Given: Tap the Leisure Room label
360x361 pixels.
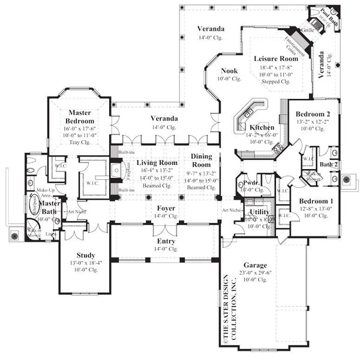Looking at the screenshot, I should pyautogui.click(x=276, y=59).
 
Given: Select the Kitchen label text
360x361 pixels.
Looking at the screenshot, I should pyautogui.click(x=262, y=128).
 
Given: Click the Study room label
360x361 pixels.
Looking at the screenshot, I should pyautogui.click(x=86, y=255).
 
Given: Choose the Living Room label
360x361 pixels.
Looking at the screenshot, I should pyautogui.click(x=157, y=163).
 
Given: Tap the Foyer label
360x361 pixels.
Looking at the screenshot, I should pyautogui.click(x=166, y=208).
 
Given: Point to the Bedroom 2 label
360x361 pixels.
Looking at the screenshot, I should pyautogui.click(x=313, y=114).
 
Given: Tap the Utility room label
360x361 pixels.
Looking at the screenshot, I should pyautogui.click(x=259, y=212).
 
